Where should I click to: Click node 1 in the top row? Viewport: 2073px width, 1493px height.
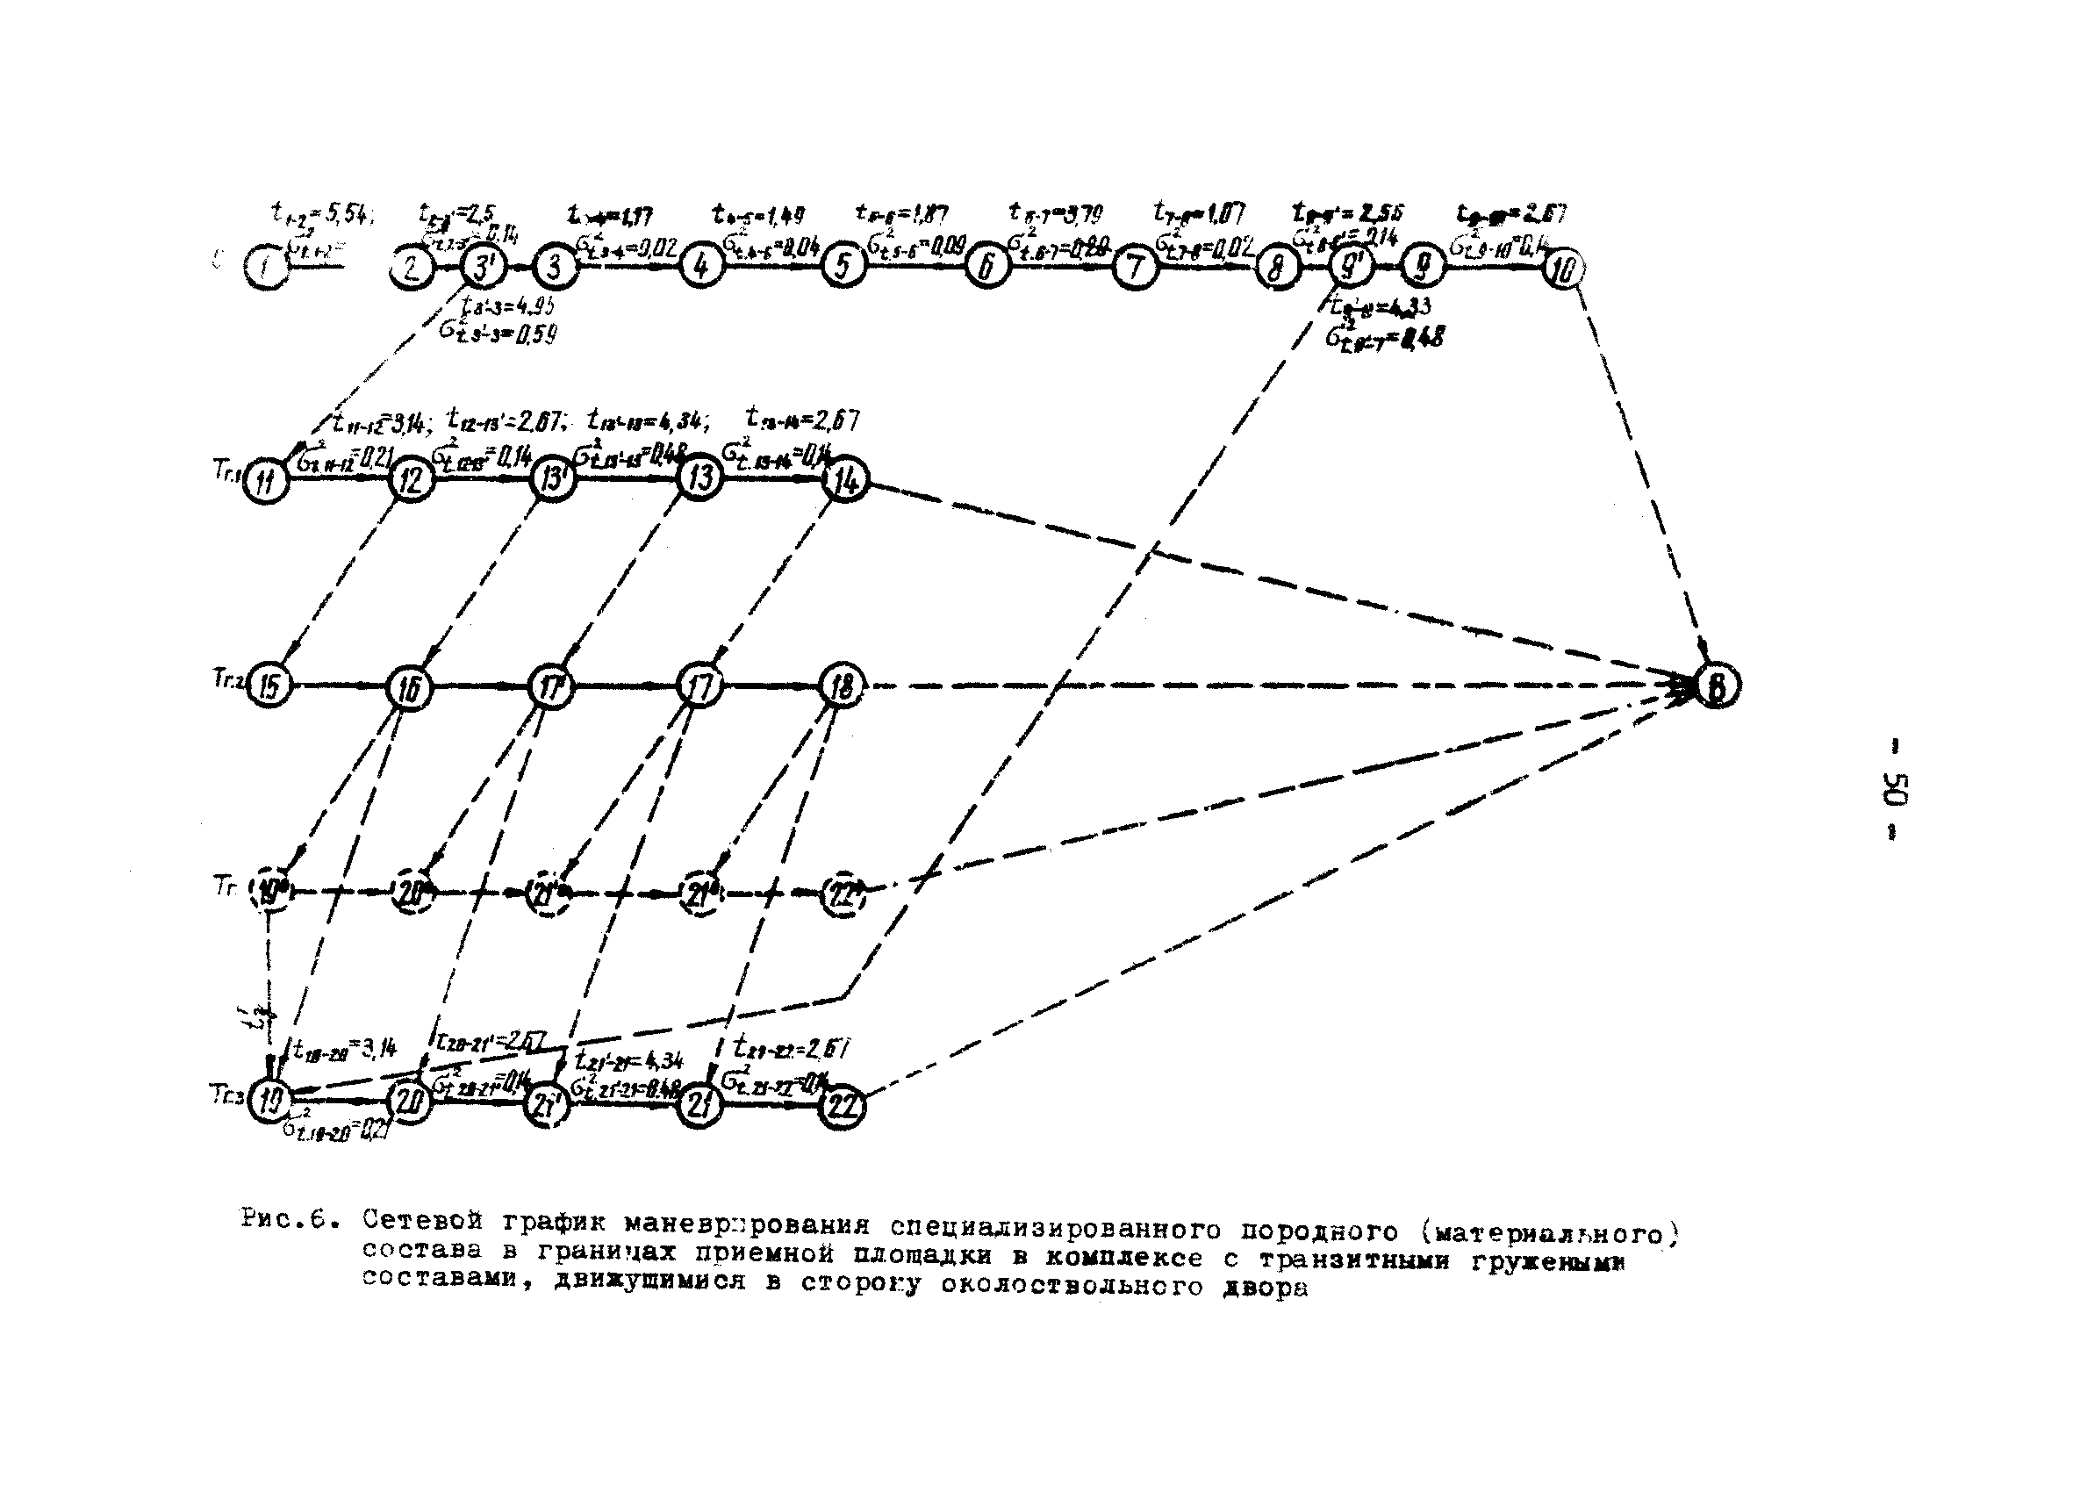tap(266, 269)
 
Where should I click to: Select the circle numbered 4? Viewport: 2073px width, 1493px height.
tap(701, 266)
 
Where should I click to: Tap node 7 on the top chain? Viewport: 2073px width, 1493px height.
tap(1134, 268)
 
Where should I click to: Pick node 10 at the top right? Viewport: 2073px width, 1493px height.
tap(1564, 269)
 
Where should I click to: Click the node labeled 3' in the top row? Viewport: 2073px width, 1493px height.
tap(482, 268)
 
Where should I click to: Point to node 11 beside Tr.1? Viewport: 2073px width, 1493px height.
tap(266, 482)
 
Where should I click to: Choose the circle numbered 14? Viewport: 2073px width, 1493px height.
tap(844, 480)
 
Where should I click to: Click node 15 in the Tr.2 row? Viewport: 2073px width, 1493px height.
tap(269, 685)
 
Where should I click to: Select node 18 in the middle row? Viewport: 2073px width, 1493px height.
tap(842, 685)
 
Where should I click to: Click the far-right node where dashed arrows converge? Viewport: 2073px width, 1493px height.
tap(1718, 686)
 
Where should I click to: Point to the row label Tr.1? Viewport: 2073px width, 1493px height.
tap(226, 470)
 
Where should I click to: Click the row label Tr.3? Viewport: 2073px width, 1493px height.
tap(226, 1095)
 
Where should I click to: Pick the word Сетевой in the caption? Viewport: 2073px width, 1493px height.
tap(421, 1220)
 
